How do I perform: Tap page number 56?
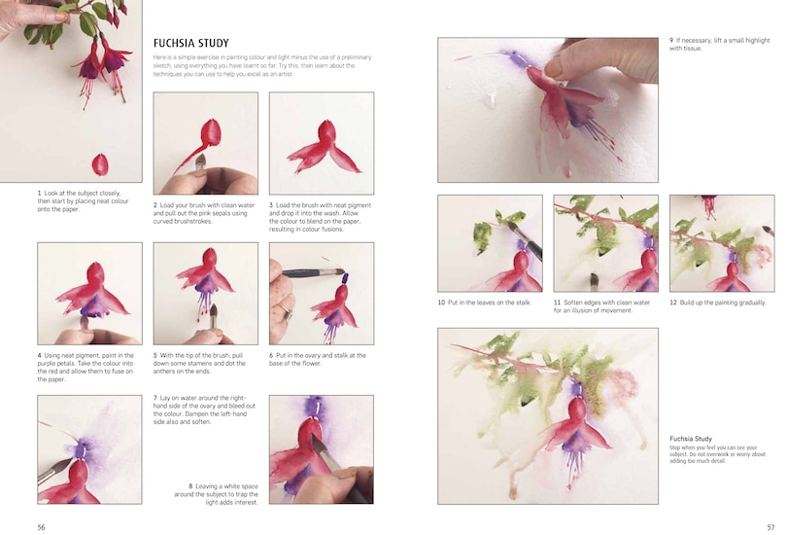click(x=41, y=526)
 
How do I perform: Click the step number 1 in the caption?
click(x=40, y=193)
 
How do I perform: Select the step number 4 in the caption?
click(x=40, y=356)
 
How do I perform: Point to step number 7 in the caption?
click(x=155, y=398)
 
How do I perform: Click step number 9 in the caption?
click(x=671, y=40)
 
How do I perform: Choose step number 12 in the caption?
click(x=673, y=303)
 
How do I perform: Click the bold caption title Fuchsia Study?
click(x=691, y=439)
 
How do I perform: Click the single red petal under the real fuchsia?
click(x=99, y=163)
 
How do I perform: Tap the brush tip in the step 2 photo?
click(x=201, y=159)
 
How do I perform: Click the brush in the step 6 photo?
click(x=313, y=273)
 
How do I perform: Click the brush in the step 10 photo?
click(x=525, y=238)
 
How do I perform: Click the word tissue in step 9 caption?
click(x=692, y=49)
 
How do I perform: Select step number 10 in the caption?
click(x=441, y=303)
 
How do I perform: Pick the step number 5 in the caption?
click(x=155, y=356)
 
